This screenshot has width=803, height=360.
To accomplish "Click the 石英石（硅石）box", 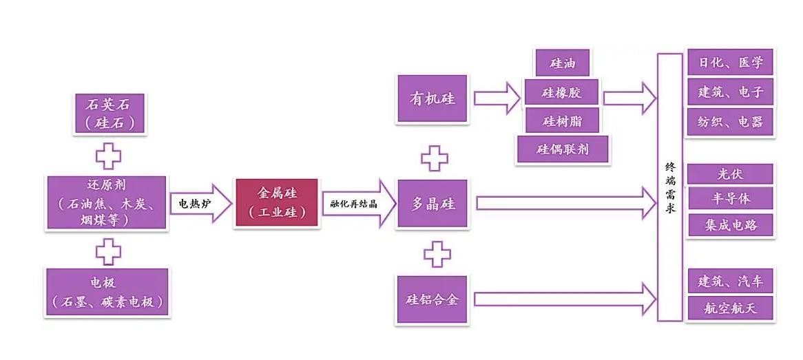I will [x=107, y=114].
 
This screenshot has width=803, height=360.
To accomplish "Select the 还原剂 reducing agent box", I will [x=107, y=202].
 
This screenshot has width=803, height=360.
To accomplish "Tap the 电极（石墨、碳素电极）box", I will [x=107, y=292].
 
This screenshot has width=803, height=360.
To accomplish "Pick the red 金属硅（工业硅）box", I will [x=278, y=202].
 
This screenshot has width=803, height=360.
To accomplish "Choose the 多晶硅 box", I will [x=433, y=204].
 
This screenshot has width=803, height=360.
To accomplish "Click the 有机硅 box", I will [x=433, y=98].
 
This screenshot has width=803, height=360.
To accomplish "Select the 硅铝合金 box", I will [x=433, y=299].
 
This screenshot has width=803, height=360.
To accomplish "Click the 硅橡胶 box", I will [x=562, y=92].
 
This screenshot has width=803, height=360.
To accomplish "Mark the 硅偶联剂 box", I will [x=562, y=149].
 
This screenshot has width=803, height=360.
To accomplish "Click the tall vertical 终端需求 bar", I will [x=669, y=187].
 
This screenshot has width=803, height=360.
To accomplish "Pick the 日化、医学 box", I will [x=731, y=63].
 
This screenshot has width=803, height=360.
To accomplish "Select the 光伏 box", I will [x=730, y=174].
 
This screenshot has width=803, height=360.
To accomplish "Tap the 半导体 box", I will [x=730, y=199].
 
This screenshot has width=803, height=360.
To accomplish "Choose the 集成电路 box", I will [x=730, y=225].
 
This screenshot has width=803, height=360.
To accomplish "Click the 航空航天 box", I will [x=730, y=307].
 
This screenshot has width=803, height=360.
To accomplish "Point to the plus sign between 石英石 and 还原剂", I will [x=108, y=157].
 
